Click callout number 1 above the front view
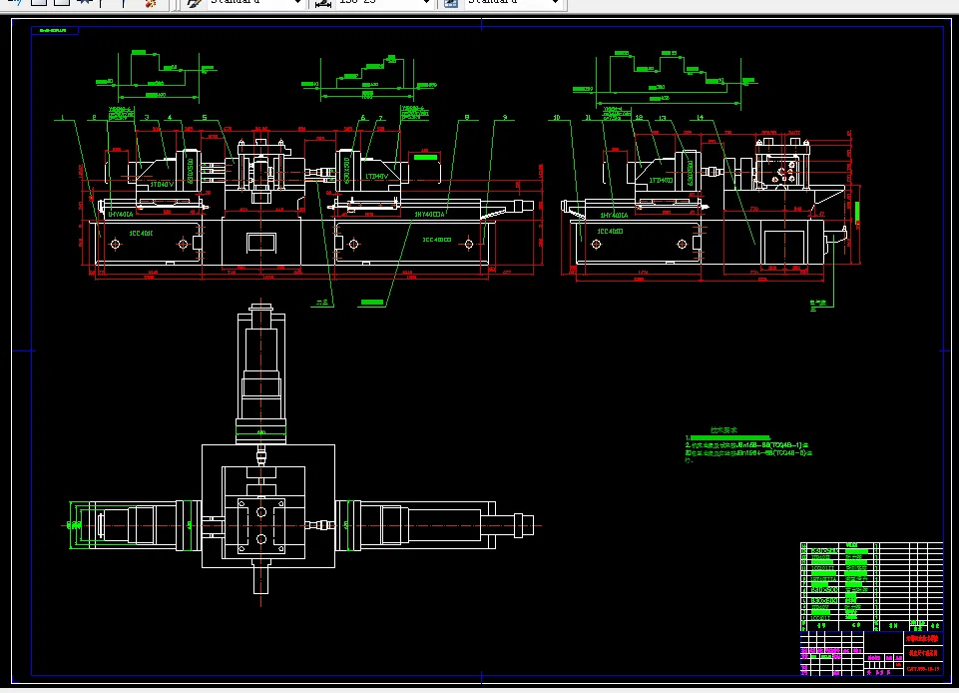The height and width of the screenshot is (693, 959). click(x=63, y=118)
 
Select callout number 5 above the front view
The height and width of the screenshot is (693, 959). click(x=205, y=118)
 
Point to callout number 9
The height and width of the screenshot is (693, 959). click(x=505, y=118)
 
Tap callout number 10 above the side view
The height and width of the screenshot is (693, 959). click(x=556, y=118)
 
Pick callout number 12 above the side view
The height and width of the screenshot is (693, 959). click(x=637, y=118)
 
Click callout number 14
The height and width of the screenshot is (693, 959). click(x=701, y=118)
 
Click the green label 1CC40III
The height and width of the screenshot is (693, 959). click(x=437, y=240)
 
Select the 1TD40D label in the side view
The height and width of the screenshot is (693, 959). click(x=660, y=181)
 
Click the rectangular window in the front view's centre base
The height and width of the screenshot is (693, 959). click(x=260, y=243)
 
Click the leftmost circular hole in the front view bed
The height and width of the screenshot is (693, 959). click(x=111, y=244)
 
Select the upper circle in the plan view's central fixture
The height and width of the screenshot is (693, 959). click(x=261, y=508)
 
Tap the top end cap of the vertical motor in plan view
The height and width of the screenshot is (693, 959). click(x=260, y=317)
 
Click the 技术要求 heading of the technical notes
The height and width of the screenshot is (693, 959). click(x=721, y=429)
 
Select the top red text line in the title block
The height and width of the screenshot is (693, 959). click(x=922, y=637)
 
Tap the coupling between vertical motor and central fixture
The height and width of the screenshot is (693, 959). click(x=260, y=457)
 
